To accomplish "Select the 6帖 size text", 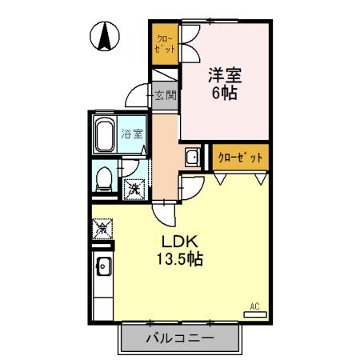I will (x=225, y=93).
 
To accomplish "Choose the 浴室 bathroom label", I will (x=133, y=134).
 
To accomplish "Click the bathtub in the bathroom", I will (x=105, y=138).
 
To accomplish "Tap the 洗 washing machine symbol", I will (x=135, y=190).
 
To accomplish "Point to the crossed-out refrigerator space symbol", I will (x=103, y=229).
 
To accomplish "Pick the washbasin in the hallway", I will (x=193, y=157).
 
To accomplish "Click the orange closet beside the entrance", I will (x=166, y=45).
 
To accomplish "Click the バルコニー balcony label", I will (x=180, y=338).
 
